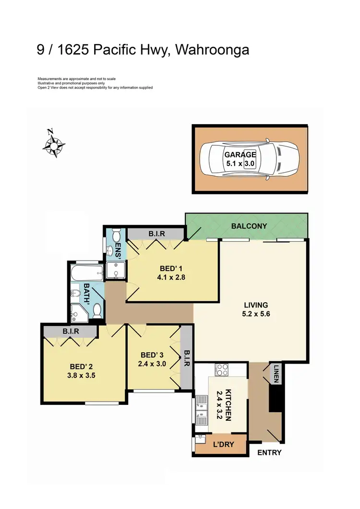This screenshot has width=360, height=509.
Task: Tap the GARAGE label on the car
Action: point(240,155)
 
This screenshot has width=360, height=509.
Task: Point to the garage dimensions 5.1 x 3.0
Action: point(240,163)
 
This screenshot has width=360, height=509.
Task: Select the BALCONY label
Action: point(249,226)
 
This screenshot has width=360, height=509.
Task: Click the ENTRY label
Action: point(269,452)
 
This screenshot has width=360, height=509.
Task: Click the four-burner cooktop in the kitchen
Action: point(222,369)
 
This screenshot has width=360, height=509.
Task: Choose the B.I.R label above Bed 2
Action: point(70,331)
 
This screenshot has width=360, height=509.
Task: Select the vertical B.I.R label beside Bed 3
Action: point(187,357)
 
